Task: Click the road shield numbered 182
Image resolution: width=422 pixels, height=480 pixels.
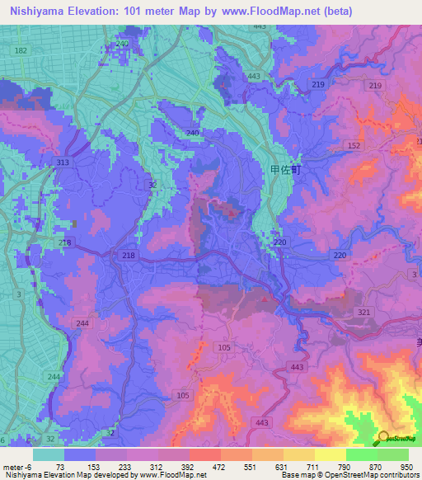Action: (21, 51)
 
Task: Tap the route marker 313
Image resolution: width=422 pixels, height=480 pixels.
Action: (63, 163)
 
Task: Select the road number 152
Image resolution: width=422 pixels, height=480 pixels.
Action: (354, 145)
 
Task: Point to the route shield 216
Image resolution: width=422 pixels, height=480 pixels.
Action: (65, 242)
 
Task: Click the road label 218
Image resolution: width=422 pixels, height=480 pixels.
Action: (127, 256)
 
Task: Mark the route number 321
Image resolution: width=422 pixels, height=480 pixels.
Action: (365, 313)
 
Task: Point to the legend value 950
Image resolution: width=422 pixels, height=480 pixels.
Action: (406, 467)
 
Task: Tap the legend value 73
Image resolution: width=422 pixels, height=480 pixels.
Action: (61, 467)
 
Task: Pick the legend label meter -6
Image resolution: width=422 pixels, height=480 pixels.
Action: (17, 467)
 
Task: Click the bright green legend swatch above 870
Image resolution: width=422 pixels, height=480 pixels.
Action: (362, 454)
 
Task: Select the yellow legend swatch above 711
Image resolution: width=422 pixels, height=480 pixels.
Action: (299, 454)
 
